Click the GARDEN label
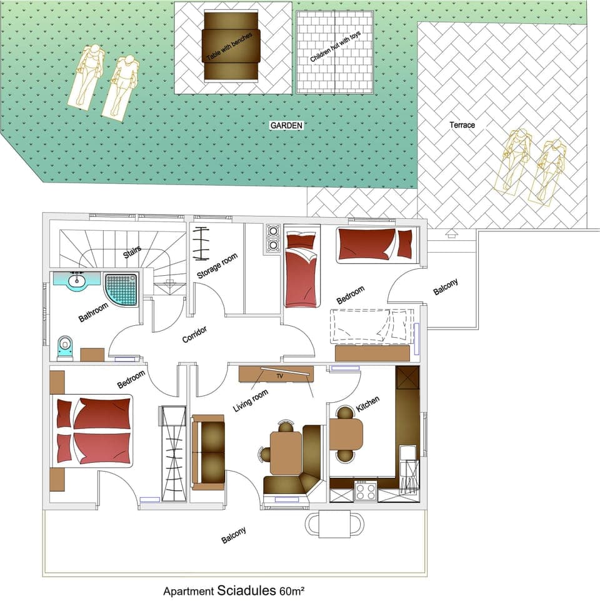(286, 126)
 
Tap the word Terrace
(462, 125)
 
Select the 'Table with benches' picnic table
(232, 47)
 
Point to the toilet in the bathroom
(65, 348)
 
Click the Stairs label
(132, 253)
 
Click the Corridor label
(194, 334)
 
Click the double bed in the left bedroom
(94, 431)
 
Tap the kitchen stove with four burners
(365, 490)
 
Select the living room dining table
(286, 453)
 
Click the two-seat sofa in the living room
(208, 452)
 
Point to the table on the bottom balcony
(336, 523)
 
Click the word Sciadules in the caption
(247, 590)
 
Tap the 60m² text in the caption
(291, 590)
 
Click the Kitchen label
(367, 404)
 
